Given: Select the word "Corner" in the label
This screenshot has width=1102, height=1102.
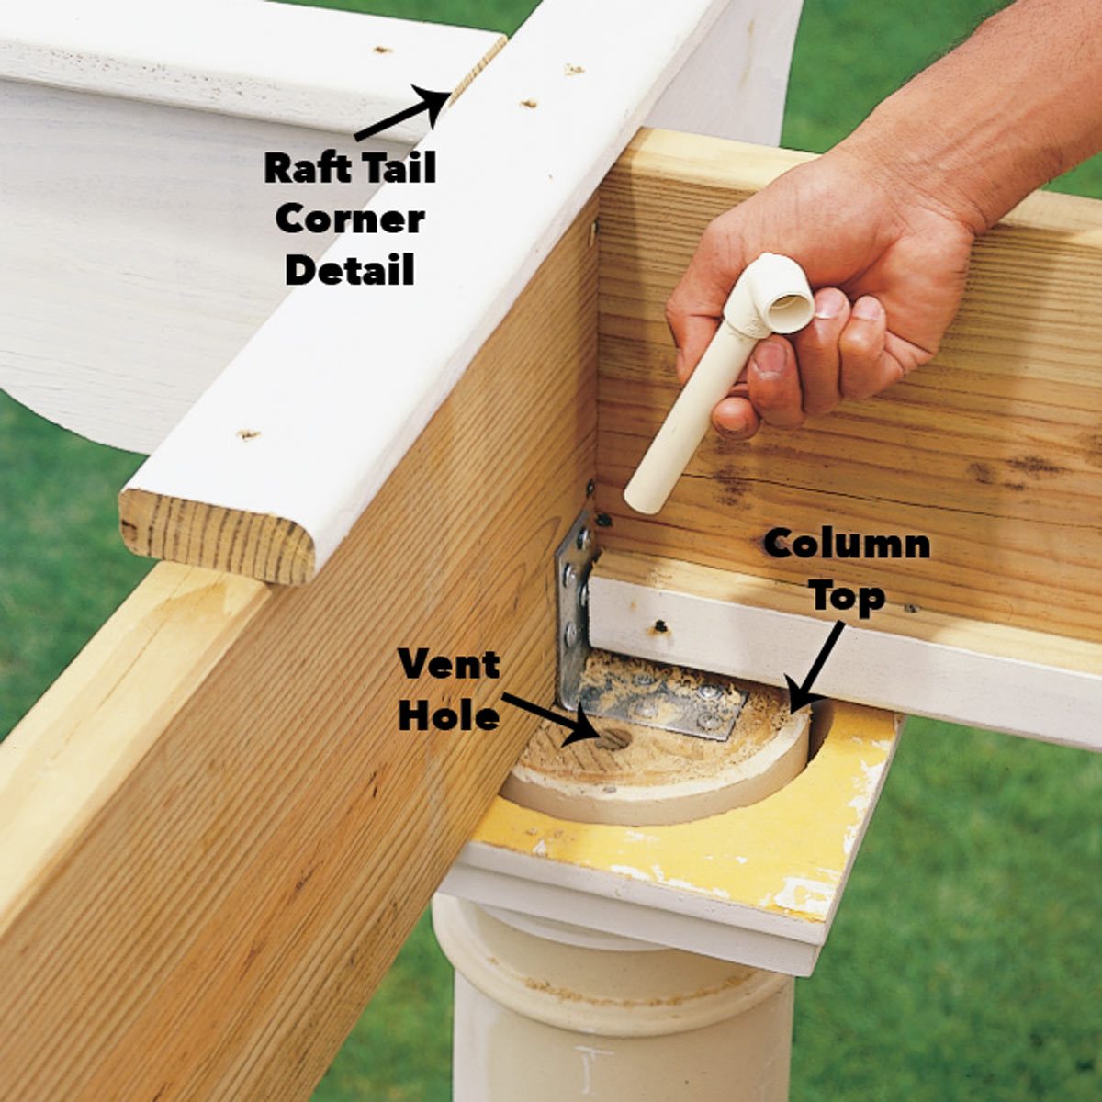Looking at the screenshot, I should click(x=350, y=219).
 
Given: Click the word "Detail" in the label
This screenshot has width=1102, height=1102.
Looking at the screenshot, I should click(x=350, y=270).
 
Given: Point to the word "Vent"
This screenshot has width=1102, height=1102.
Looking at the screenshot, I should click(x=449, y=664).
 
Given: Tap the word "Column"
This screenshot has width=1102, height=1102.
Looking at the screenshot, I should click(x=847, y=545).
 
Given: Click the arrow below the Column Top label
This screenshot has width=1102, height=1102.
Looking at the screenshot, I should click(x=817, y=666).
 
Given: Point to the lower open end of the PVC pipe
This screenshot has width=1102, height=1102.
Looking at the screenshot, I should click(x=640, y=501).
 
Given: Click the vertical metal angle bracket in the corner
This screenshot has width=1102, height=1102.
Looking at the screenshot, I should click(x=573, y=606).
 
